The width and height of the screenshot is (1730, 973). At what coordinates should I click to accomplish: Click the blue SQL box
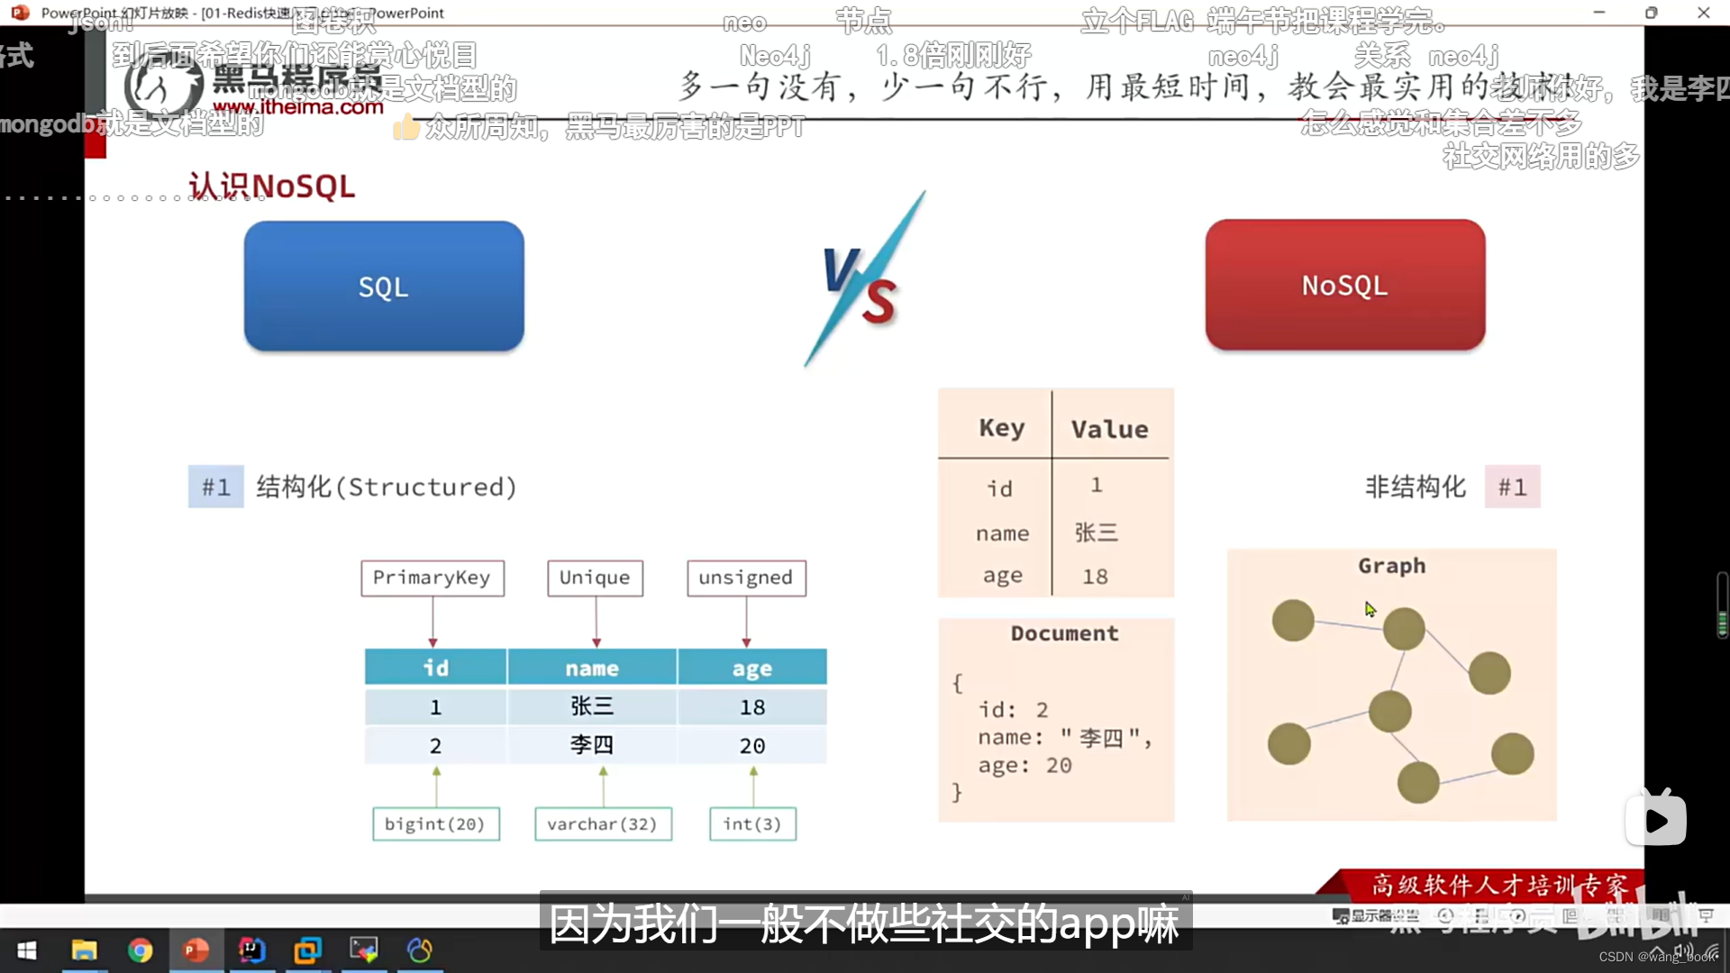(x=384, y=286)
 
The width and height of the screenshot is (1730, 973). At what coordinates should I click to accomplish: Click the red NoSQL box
(x=1344, y=286)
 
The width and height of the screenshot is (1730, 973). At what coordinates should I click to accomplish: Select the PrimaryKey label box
(x=432, y=577)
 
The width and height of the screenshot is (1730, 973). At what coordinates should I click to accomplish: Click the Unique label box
(x=595, y=577)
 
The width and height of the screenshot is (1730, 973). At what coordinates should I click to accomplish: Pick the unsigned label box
(x=745, y=577)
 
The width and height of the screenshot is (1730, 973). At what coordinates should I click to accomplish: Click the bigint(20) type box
(x=435, y=823)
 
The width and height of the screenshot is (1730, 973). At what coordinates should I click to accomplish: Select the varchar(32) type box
(x=602, y=823)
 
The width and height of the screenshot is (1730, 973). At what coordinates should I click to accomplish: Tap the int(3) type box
(x=751, y=823)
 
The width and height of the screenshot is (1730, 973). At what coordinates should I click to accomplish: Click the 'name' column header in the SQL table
(x=592, y=668)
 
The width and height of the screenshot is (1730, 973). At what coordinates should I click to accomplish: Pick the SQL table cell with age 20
(x=751, y=746)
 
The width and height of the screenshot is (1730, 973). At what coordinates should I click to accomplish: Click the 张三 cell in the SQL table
(x=592, y=706)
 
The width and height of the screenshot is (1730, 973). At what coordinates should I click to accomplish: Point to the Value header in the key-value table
(x=1109, y=429)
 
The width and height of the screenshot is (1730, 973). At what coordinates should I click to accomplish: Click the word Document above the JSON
(x=1064, y=633)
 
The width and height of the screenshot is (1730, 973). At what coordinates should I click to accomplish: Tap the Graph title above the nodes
(x=1391, y=566)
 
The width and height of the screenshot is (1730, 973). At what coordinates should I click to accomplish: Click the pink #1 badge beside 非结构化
(x=1512, y=487)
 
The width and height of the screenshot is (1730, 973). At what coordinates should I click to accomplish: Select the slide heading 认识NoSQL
(x=271, y=186)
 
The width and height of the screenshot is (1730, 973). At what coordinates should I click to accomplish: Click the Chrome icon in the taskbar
(x=140, y=950)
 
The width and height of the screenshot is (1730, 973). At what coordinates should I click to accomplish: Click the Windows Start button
(x=27, y=950)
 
